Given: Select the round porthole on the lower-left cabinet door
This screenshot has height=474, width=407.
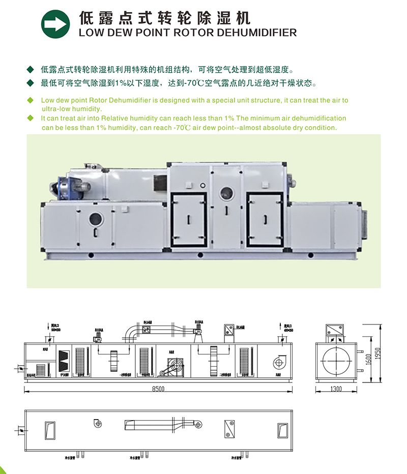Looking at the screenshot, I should pos(95,219).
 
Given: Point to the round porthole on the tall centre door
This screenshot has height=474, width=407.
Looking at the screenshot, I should pos(225,193).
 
